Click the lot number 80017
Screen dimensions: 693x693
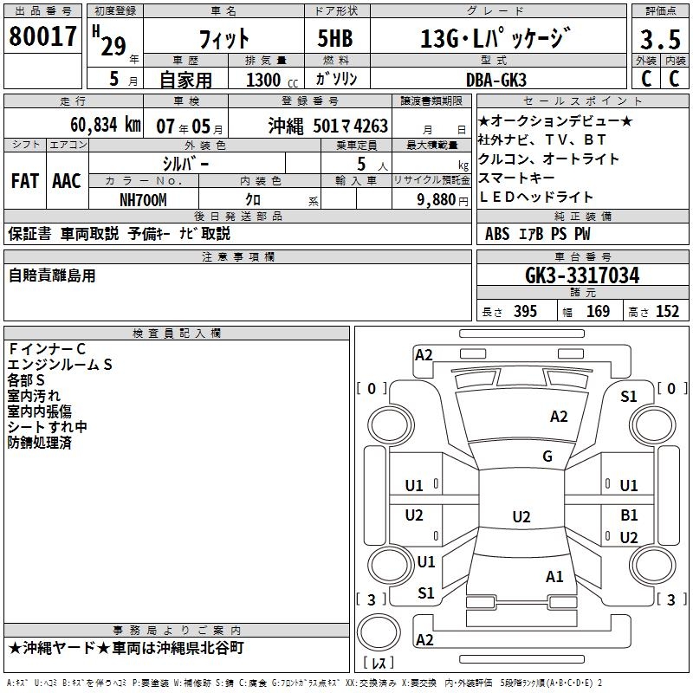[x=43, y=36]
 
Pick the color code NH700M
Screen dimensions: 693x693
[x=143, y=199]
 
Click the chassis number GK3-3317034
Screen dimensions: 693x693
[x=582, y=276]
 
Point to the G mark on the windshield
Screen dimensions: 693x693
[x=547, y=457]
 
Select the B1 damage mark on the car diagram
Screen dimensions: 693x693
[x=629, y=515]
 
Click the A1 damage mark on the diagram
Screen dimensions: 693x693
[x=555, y=576]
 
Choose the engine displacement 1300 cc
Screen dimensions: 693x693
[x=268, y=79]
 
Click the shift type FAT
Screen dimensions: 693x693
[x=25, y=181]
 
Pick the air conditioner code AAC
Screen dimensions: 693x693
[x=67, y=181]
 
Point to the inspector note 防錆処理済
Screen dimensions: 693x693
[x=39, y=443]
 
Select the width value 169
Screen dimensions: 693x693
[x=599, y=312]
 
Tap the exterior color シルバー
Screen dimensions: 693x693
[x=185, y=163]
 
